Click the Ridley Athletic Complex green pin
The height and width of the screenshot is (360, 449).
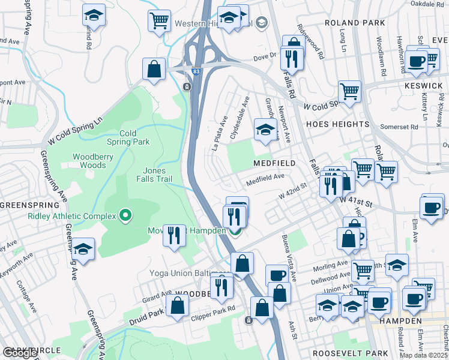point(125,215)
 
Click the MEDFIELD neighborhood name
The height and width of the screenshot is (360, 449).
point(275,163)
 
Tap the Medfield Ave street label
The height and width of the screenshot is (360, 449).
point(265,177)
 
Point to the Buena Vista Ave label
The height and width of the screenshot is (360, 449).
point(289,259)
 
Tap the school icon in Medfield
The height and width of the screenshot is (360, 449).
point(265,129)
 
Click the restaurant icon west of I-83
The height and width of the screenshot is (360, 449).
point(174,235)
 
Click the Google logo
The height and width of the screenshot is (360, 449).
point(20,353)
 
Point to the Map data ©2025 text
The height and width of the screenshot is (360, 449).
point(423,355)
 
